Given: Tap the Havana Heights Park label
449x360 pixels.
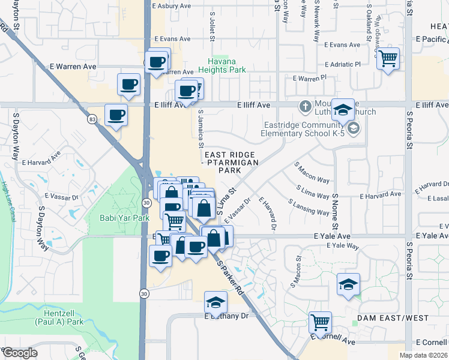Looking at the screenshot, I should point(227,65).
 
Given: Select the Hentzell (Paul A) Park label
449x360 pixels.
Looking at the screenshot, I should point(67,317).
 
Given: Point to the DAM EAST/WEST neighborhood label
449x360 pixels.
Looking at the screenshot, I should point(393,317).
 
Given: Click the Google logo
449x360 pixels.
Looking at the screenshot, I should point(19,353).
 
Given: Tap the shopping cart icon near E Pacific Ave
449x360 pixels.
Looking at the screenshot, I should point(388,59).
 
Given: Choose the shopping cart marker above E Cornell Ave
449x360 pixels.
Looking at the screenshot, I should point(320,322).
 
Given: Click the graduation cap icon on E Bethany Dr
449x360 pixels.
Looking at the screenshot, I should point(215,302).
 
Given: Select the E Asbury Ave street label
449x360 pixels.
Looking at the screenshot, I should point(171,6).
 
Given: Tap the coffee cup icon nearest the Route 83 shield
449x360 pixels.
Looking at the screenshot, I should point(116,115).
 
